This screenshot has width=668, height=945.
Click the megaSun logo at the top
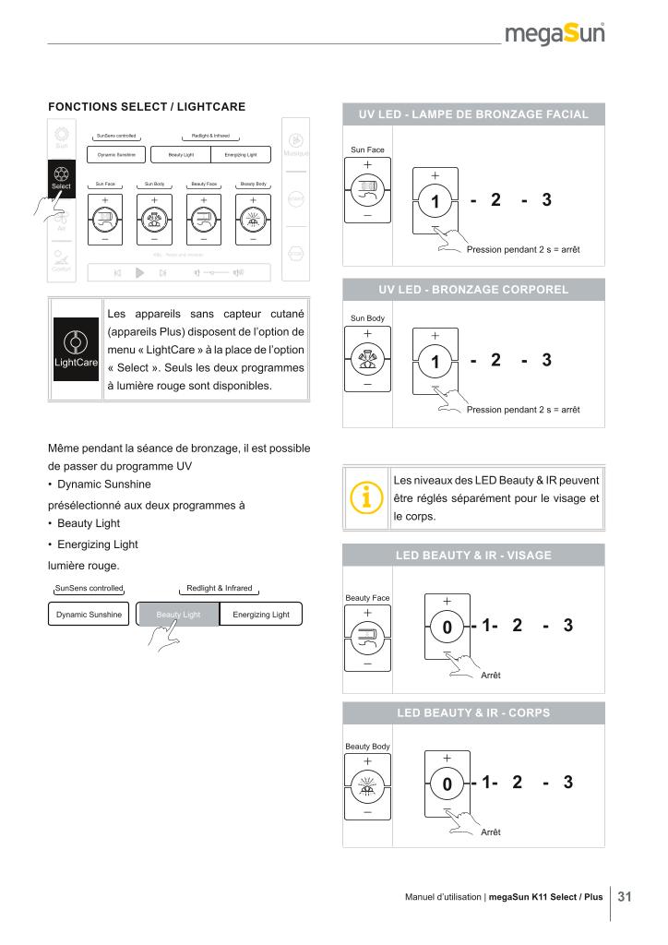coord(555,34)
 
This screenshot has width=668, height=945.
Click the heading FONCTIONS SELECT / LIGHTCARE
coord(147,107)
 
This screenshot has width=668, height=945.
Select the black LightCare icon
coord(75,349)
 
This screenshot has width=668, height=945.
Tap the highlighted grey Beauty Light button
coord(178,615)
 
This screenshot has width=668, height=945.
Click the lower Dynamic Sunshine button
coord(89,615)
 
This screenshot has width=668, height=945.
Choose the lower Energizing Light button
coord(261,615)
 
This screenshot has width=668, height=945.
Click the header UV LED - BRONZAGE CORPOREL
coord(473,290)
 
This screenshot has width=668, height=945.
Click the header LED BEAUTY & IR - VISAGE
coord(473,555)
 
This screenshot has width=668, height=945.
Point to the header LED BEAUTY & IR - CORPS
coord(473,713)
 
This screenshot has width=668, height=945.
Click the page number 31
coord(625,896)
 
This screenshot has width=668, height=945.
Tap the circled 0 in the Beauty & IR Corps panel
coord(447,785)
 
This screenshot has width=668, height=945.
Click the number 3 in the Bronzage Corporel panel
coord(546,360)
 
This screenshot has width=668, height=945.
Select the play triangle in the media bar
coord(140,272)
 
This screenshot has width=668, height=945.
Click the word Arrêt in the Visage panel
coord(491,676)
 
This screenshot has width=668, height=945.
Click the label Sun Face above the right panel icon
coord(367,150)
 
